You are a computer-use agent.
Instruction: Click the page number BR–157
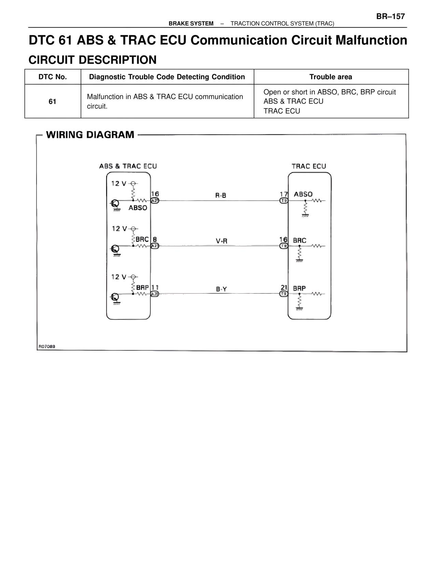click(x=391, y=16)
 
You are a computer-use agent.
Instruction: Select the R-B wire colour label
click(x=221, y=196)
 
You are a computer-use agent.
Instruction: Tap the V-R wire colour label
click(x=221, y=241)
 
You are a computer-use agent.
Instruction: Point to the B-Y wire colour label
click(x=221, y=289)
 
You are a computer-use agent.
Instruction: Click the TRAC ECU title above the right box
click(x=309, y=166)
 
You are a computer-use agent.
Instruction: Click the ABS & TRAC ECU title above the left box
click(x=128, y=166)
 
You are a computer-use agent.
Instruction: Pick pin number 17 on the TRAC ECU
click(x=284, y=194)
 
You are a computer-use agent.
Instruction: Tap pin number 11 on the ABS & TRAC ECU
click(x=155, y=287)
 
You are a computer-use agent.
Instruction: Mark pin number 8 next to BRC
click(x=155, y=240)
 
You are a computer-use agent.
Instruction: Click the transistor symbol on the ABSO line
click(x=115, y=204)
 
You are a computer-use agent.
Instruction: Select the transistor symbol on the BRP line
click(x=115, y=297)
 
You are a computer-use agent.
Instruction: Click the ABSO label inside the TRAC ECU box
click(x=303, y=194)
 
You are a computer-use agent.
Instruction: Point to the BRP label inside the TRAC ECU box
click(x=299, y=288)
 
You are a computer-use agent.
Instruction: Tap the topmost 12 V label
click(x=119, y=184)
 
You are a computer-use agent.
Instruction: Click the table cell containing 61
click(x=52, y=102)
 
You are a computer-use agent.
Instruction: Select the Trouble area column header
click(x=330, y=77)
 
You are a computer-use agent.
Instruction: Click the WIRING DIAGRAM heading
click(x=90, y=135)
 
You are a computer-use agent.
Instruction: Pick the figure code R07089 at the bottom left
click(x=47, y=347)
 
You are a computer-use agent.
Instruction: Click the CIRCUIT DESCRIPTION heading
click(x=93, y=60)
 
